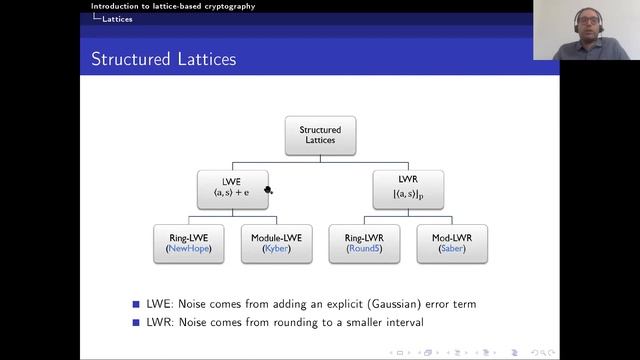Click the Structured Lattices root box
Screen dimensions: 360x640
pyautogui.click(x=319, y=136)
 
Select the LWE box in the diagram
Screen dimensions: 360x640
pyautogui.click(x=231, y=189)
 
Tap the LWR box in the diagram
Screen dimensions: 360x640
pyautogui.click(x=407, y=189)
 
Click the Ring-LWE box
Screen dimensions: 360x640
pyautogui.click(x=187, y=243)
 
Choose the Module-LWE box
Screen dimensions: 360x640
pyautogui.click(x=275, y=243)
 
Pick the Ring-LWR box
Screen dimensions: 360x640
pyautogui.click(x=364, y=243)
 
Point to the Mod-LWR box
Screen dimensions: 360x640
pyautogui.click(x=451, y=243)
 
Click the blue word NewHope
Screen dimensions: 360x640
pyautogui.click(x=188, y=249)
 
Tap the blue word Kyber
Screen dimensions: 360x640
pyautogui.click(x=275, y=249)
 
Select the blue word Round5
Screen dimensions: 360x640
pyautogui.click(x=364, y=249)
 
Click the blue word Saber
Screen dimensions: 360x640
pyautogui.click(x=451, y=249)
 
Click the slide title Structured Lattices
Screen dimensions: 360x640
pyautogui.click(x=164, y=60)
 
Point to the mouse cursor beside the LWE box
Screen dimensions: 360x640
pyautogui.click(x=269, y=189)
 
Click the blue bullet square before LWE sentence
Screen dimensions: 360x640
pyautogui.click(x=137, y=303)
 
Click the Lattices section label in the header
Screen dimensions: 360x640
pyautogui.click(x=117, y=19)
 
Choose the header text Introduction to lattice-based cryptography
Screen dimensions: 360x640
pyautogui.click(x=172, y=6)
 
